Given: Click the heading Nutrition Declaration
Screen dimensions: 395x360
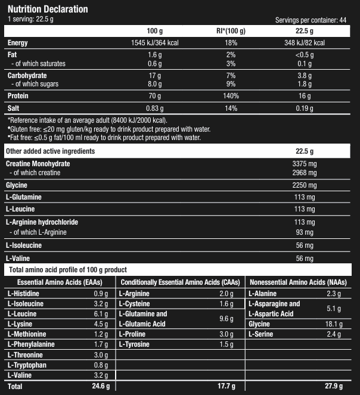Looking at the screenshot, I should (x=47, y=9).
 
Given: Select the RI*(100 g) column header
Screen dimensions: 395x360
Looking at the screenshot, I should (x=231, y=31).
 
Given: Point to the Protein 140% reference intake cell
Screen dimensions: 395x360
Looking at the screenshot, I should (x=231, y=95).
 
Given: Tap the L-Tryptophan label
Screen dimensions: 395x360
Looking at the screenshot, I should (x=27, y=365).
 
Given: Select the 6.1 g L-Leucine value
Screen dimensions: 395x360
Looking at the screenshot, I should (x=101, y=314).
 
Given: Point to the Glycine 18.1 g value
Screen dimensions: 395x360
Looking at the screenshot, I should (x=332, y=324).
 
